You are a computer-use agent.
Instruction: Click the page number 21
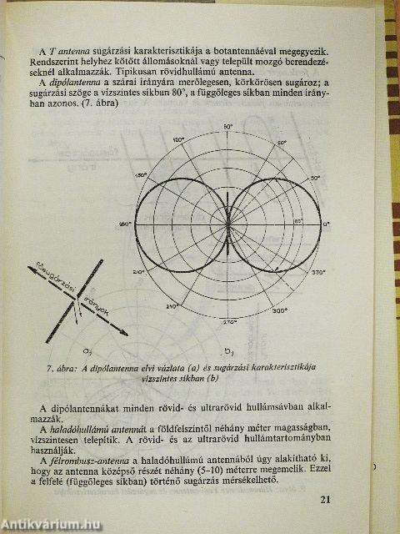click(324, 501)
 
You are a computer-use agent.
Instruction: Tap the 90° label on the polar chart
click(227, 126)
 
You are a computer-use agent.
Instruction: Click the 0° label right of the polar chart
click(327, 224)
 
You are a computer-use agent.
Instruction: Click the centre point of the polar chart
click(227, 224)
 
